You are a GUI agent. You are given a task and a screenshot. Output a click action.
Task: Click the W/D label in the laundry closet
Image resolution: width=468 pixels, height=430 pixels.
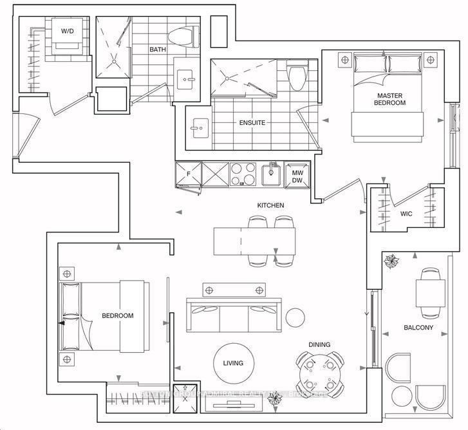(x=67, y=31)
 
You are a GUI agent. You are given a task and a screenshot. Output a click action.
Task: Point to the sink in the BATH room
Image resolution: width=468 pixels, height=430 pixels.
(x=188, y=80)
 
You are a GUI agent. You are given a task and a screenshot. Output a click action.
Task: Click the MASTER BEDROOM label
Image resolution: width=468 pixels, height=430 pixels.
(x=391, y=98)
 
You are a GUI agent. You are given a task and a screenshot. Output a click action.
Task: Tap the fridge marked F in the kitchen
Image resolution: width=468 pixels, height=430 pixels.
(x=188, y=173)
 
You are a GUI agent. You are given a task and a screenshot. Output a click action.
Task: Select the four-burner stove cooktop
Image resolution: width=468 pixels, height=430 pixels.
(x=243, y=173)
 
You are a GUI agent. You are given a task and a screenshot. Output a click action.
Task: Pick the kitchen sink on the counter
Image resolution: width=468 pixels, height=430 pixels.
(x=271, y=173)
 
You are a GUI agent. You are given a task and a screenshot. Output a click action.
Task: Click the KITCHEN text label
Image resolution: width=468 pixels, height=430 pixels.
(x=270, y=205)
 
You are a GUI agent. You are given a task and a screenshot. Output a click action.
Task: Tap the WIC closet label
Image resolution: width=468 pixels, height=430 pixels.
(x=406, y=212)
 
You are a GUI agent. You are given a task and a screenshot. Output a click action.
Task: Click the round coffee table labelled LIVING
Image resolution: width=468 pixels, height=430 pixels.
(x=233, y=363)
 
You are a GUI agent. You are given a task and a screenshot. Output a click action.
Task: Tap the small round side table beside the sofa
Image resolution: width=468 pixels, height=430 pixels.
(x=295, y=317)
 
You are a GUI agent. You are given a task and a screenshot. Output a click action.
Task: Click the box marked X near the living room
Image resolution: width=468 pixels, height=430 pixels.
(x=185, y=395)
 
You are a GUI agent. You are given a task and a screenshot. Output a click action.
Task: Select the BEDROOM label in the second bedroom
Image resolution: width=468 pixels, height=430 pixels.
(x=118, y=315)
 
